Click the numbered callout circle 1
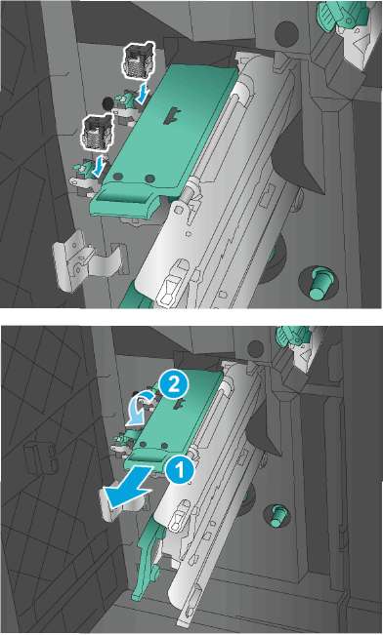click(180, 471)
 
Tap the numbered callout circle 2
click(174, 384)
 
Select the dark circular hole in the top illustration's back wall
click(287, 33)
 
